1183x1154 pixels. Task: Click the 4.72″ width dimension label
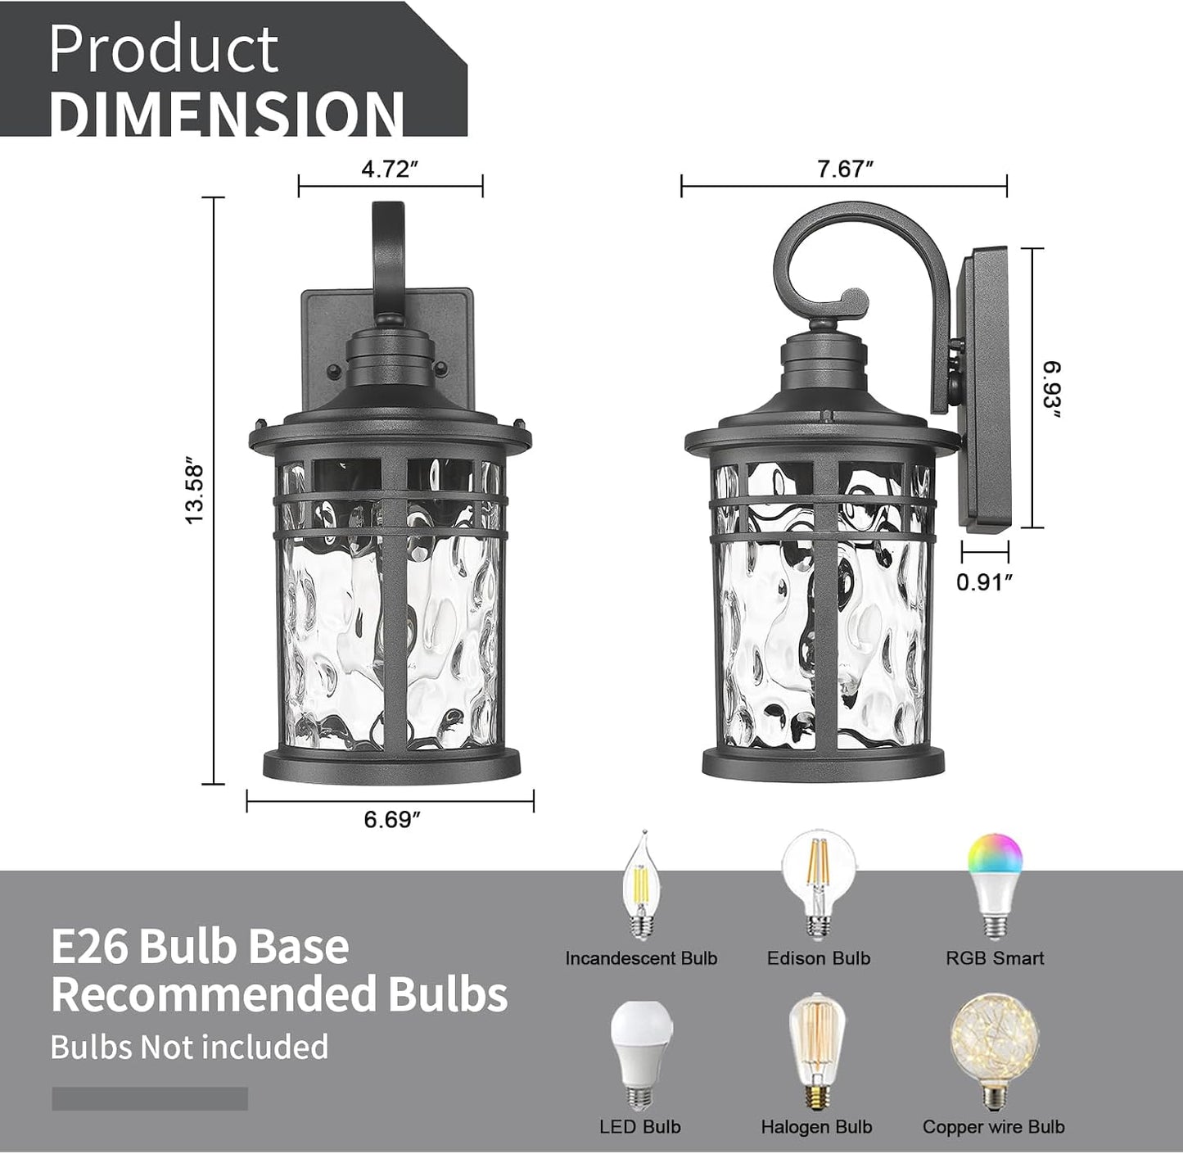point(390,169)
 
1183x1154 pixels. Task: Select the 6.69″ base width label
point(392,820)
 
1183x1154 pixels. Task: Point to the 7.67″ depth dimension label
point(844,169)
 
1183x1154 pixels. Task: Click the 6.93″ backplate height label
point(1052,390)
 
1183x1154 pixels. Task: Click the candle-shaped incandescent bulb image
point(640,886)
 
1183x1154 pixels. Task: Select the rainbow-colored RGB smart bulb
point(994,886)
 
